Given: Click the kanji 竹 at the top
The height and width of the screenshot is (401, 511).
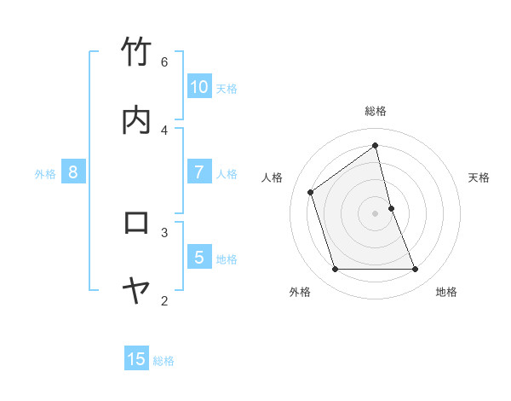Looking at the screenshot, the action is point(137,52).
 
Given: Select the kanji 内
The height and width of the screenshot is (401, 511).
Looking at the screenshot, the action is point(137,120).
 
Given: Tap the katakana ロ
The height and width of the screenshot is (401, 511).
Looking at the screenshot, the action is point(137,223).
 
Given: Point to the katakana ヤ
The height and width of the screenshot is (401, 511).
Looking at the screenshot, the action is point(137,291).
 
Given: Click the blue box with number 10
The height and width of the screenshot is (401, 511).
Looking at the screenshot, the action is point(199,86).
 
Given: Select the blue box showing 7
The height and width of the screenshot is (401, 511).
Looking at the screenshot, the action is point(199,171).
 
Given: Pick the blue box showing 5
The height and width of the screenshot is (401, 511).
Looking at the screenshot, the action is point(199,257).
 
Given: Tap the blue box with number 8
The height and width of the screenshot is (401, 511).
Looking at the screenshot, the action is point(73,171).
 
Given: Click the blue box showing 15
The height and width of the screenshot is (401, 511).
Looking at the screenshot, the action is point(136,359).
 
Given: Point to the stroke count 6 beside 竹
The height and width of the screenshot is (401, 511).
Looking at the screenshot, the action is point(164,61).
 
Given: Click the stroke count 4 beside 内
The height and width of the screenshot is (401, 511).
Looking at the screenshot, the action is point(164,130).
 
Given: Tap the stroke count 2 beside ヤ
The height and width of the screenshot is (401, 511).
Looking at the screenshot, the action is point(164,300).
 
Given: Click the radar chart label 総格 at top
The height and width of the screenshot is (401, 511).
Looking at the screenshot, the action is point(376,111).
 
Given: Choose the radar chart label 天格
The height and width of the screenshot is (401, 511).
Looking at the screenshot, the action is point(479,177).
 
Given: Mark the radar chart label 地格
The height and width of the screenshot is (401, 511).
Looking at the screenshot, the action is point(446,292).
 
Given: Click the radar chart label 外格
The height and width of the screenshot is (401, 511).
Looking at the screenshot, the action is point(300,292).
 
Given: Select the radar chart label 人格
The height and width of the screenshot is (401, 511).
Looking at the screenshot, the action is point(273,177).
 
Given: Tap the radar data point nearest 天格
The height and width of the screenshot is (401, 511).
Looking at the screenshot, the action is point(391,208).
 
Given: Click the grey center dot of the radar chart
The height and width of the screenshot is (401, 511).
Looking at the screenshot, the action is point(376,213).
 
